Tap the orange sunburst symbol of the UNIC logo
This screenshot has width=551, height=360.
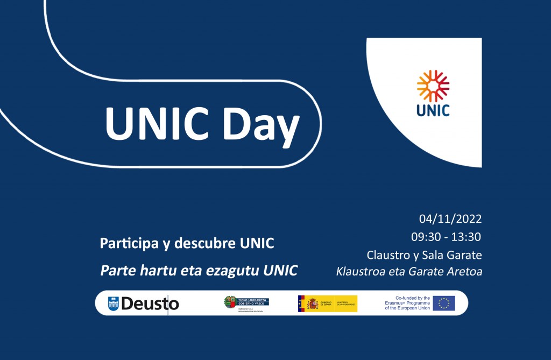433,86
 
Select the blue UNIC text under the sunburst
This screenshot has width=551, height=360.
433,110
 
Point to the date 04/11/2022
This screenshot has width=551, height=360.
450,219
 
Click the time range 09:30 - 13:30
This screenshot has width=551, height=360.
446,237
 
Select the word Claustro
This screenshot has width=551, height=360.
387,254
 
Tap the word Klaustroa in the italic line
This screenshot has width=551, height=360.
361,271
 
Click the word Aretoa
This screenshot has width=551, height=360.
463,271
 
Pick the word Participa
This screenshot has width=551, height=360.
129,243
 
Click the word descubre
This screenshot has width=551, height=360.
206,243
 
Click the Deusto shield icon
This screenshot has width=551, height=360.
113,303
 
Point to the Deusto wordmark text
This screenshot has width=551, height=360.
150,304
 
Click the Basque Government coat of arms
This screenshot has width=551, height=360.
230,303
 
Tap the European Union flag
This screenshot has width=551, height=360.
444,303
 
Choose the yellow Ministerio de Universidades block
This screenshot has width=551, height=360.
344,303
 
